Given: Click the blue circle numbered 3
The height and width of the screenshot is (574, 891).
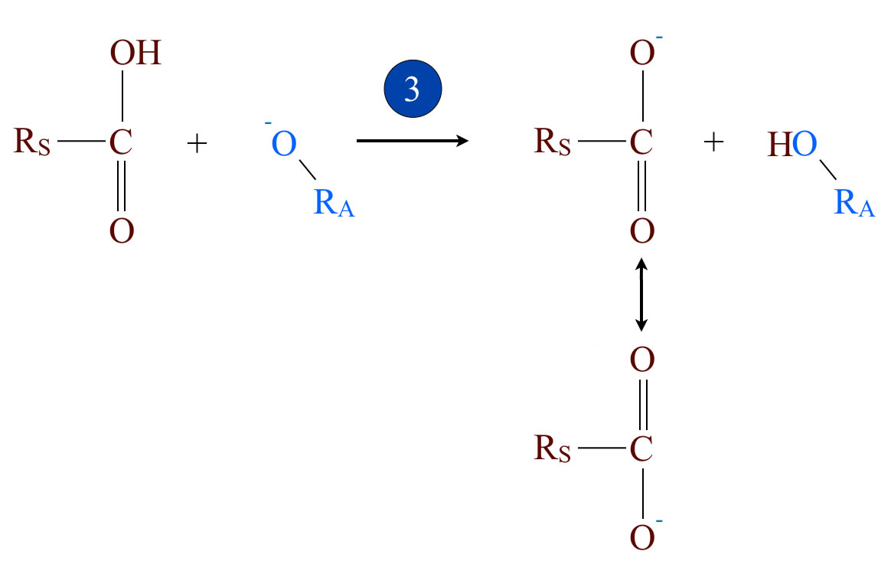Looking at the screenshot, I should [x=413, y=90].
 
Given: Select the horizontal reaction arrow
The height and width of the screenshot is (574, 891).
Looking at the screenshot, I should [x=413, y=141].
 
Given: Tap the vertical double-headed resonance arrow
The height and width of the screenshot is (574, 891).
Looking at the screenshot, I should [x=641, y=294].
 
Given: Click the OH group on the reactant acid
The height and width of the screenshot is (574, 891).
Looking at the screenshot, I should [x=135, y=54].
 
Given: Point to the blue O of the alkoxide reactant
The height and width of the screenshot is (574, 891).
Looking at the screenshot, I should [x=284, y=145].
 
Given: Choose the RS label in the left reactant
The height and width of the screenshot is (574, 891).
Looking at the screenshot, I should [x=32, y=142].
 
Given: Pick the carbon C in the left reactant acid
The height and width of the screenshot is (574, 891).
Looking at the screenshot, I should [x=120, y=142].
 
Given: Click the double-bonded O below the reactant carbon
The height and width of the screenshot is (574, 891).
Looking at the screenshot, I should [x=121, y=230].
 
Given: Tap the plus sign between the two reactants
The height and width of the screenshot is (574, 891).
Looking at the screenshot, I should [x=197, y=143].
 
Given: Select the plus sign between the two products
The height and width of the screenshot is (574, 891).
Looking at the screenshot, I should [x=713, y=142].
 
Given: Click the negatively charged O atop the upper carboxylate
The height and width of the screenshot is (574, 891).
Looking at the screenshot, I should [x=642, y=54].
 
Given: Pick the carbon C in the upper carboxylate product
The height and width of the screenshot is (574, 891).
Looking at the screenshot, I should [x=641, y=142].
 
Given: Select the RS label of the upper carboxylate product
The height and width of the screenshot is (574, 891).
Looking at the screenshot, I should [x=553, y=142].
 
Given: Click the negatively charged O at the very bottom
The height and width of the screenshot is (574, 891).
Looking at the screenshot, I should [x=643, y=537].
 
